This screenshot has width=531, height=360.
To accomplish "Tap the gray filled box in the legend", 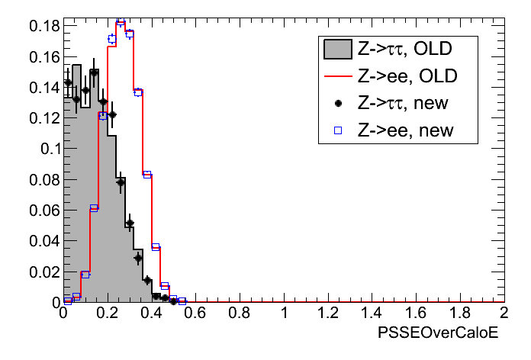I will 336,50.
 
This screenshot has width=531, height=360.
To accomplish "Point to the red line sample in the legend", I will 336,76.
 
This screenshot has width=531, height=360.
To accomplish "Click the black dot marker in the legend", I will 336,103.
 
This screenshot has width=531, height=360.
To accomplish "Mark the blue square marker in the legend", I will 336,130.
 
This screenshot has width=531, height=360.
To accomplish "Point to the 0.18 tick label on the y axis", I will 43,26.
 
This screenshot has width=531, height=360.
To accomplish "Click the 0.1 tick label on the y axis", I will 47,149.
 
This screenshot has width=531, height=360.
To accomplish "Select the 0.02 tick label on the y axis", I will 43,272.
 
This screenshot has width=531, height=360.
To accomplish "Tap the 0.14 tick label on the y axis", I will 43,87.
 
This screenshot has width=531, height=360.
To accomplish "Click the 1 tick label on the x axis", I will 284,313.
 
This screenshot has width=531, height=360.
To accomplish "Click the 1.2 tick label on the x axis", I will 327,313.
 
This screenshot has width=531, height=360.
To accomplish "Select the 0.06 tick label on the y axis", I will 43,210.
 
